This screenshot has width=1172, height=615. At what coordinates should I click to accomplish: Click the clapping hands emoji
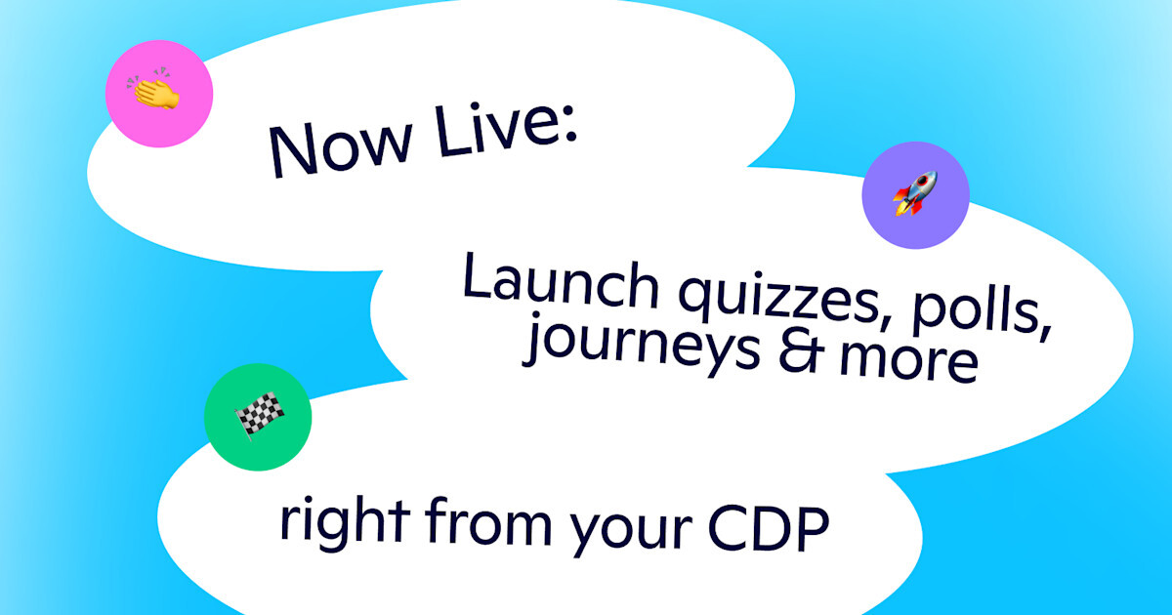(x=157, y=92)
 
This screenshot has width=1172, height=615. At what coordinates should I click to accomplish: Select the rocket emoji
(x=915, y=193)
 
